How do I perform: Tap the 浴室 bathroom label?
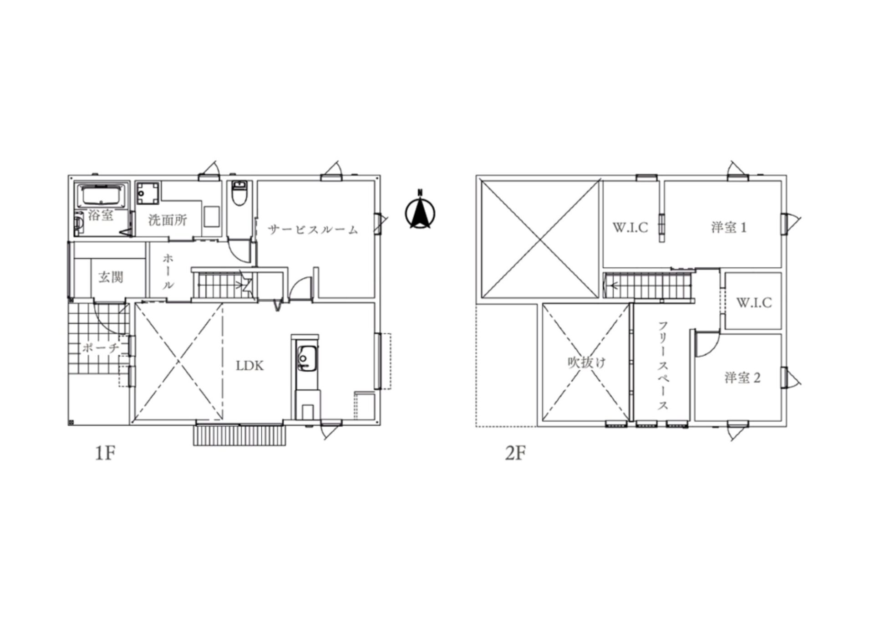coord(101,215)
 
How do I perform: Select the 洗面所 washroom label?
coord(168,220)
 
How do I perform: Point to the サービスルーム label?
coord(313,230)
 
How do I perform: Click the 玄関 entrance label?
coord(111,276)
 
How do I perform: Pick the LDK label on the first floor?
coord(250,366)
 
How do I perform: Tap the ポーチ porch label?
coord(101,348)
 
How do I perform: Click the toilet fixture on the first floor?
coord(239,193)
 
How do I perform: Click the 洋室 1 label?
coord(729,227)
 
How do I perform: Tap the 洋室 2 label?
coord(742,378)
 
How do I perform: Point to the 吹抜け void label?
coord(586,363)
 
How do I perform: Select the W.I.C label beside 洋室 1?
coord(630,227)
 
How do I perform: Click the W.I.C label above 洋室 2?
coord(754,302)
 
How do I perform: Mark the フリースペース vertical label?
coord(662,366)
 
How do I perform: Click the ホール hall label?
coord(168,272)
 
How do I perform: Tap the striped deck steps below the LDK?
coord(240,435)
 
